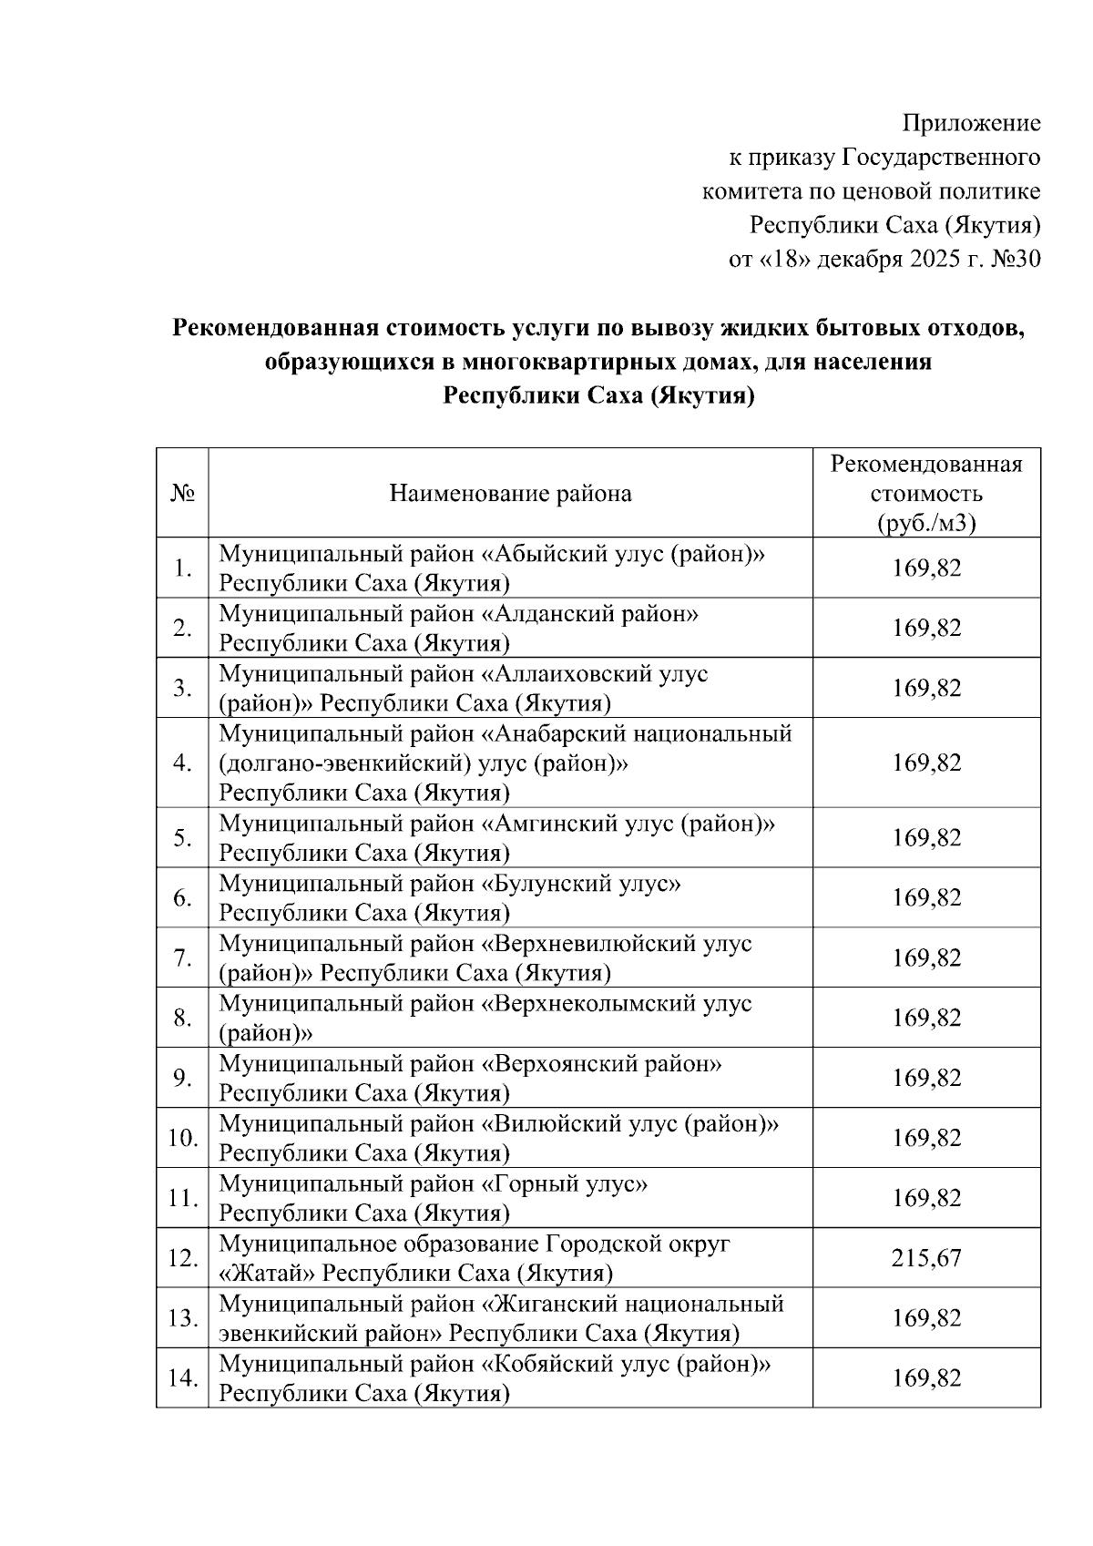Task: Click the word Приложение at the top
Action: [x=971, y=123]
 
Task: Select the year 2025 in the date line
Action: [x=934, y=260]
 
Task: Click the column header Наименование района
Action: [x=510, y=494]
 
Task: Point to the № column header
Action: [x=182, y=494]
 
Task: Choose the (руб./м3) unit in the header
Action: [x=926, y=524]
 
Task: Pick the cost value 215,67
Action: [x=926, y=1258]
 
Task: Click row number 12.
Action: [x=182, y=1258]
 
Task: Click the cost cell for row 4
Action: [x=926, y=763]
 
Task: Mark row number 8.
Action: [x=182, y=1018]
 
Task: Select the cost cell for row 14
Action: [x=926, y=1377]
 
